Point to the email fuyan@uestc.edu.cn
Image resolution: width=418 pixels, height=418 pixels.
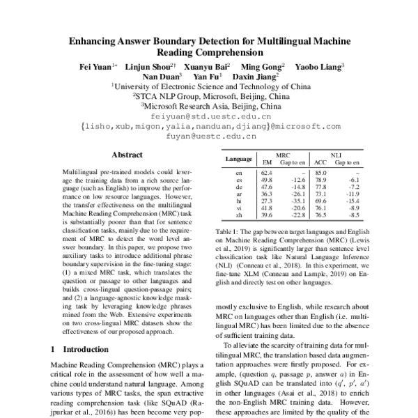(209, 137)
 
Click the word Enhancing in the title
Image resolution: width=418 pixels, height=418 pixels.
(95, 41)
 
